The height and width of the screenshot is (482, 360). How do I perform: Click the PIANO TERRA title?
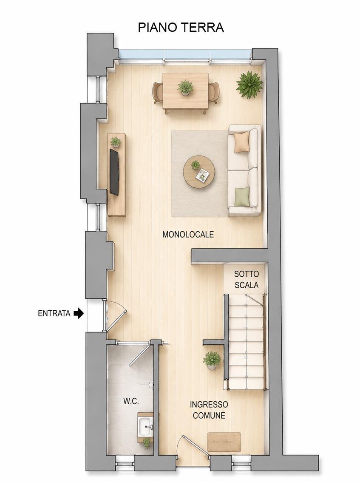pos(181,27)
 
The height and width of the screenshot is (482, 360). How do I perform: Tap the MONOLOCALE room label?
pos(188,235)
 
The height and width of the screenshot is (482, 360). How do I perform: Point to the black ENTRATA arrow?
pos(79,313)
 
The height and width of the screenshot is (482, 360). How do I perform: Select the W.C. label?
pos(131,401)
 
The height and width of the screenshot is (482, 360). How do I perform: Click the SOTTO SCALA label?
pos(247,279)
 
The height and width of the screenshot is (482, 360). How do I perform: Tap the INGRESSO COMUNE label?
pos(209,410)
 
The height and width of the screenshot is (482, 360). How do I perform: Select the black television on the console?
pos(114,172)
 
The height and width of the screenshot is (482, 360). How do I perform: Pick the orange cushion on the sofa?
pos(242,142)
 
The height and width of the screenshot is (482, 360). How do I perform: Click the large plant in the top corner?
pos(249,85)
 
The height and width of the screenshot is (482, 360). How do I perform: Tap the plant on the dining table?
pos(185,87)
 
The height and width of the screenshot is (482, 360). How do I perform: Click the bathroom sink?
pos(145,426)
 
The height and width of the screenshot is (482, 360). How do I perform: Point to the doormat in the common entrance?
pos(224,442)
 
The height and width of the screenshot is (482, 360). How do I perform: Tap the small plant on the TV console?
pos(116,142)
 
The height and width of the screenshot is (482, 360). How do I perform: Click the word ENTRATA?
pos(54,314)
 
